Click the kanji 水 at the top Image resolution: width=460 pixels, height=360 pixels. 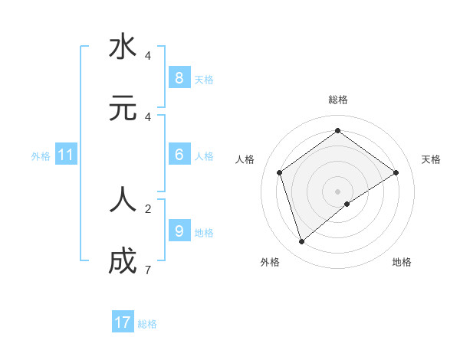(123, 47)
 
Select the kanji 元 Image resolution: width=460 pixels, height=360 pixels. (123, 108)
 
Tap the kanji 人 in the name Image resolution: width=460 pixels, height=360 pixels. (123, 199)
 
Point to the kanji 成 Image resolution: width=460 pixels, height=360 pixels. (123, 261)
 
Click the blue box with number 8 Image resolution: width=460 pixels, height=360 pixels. (179, 77)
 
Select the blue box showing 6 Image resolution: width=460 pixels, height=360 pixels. (179, 155)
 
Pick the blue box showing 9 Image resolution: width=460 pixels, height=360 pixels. (179, 231)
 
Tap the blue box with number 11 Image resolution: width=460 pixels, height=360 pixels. (66, 155)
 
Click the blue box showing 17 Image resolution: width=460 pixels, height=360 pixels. (123, 322)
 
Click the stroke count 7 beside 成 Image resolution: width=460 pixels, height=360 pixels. (147, 270)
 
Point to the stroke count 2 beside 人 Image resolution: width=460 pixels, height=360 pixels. (147, 208)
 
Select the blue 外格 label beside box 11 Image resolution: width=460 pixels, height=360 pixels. (41, 156)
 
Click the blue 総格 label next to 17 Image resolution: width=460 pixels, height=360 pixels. (147, 324)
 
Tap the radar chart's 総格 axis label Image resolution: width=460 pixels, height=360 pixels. (337, 100)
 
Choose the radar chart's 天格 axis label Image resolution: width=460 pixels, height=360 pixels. (431, 159)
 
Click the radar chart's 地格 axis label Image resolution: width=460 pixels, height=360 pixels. (402, 262)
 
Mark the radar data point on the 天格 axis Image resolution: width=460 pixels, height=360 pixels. (396, 172)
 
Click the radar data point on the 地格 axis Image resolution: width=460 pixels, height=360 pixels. (347, 204)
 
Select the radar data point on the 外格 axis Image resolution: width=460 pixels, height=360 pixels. (302, 241)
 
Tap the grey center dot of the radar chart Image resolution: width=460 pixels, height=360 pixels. (337, 191)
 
